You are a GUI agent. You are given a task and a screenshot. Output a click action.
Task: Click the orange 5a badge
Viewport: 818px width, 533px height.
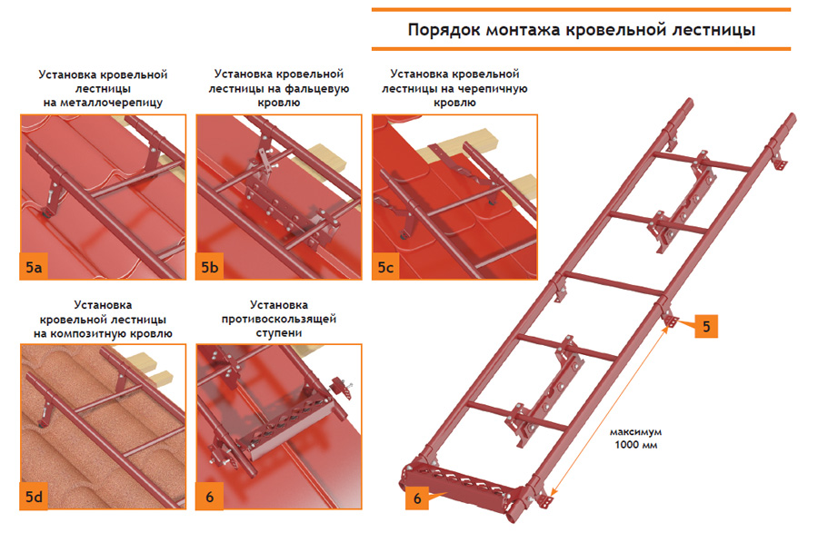34,267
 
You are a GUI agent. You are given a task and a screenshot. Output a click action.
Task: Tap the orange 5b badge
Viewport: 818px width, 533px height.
210,267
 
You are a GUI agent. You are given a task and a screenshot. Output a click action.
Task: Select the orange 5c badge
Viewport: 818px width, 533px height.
385,267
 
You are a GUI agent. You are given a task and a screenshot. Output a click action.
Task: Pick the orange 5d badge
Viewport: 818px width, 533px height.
34,496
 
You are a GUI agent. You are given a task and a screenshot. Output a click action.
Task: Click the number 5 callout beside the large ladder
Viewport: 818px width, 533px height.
706,326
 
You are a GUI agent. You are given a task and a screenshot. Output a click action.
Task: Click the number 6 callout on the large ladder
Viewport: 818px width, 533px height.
417,498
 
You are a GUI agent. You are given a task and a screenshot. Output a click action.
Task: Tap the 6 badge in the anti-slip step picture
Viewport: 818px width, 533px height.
210,496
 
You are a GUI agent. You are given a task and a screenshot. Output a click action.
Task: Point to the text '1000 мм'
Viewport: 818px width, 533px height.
636,445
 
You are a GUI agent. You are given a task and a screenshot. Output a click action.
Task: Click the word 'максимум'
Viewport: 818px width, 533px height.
636,432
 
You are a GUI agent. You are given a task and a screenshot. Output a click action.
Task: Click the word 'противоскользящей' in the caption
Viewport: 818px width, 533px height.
279,319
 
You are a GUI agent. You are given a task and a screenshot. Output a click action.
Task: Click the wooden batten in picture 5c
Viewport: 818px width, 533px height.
459,143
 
